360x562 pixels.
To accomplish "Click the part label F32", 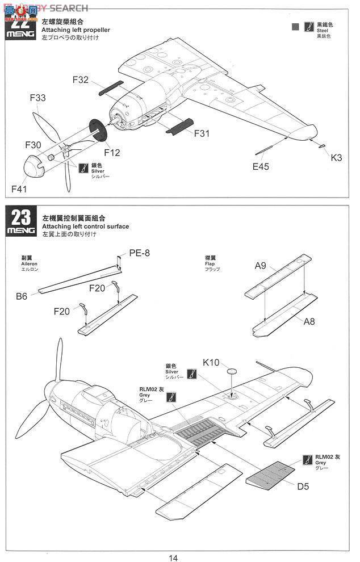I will coord(81,80).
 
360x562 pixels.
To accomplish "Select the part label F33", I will coord(37,98).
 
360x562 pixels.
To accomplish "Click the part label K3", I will coord(336,158).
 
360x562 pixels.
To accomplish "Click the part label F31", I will coord(202,133).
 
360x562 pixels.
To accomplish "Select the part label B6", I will coord(22,296).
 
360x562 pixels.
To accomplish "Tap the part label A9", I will coord(261,265).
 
